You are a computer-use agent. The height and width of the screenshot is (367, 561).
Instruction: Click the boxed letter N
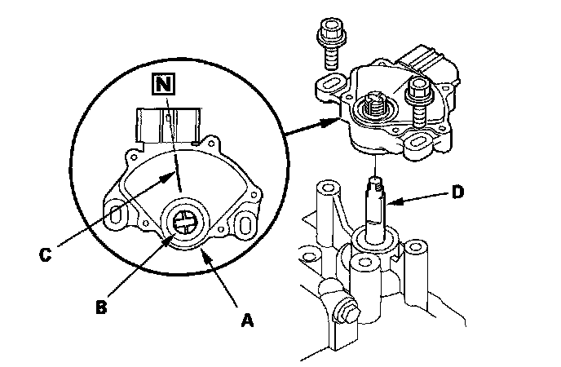164,84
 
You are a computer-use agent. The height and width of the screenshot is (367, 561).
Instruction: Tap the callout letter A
247,320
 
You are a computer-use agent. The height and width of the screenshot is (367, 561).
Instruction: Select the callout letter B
101,307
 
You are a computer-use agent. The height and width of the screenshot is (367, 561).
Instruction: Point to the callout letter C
45,254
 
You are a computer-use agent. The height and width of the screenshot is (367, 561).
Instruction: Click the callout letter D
457,192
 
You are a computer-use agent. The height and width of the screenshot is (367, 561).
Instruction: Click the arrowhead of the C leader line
168,177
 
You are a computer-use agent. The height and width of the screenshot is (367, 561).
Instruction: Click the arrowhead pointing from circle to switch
331,122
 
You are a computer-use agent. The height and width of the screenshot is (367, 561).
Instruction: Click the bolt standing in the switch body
418,102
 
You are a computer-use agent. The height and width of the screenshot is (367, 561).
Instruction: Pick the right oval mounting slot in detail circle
245,224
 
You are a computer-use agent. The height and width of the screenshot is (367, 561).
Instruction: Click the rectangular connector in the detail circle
168,126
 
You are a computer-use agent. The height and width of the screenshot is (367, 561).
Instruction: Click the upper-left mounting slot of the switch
331,85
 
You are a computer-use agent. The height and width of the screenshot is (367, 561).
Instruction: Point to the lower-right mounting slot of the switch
417,143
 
